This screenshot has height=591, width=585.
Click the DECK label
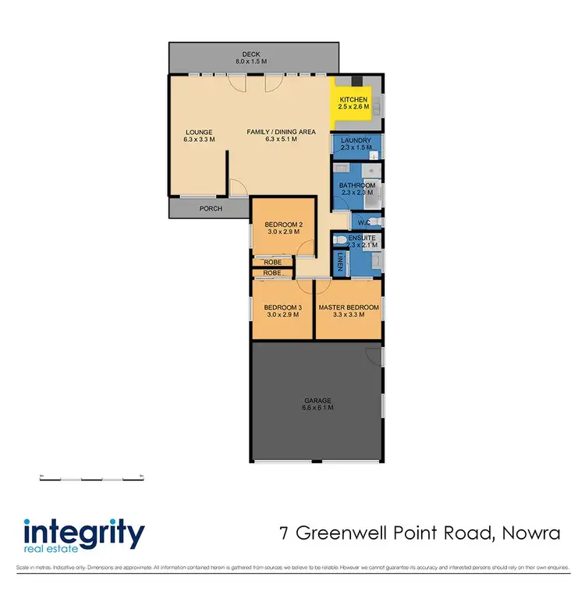[250, 54]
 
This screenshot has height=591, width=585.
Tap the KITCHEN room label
[353, 100]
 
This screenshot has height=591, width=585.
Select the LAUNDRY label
[356, 140]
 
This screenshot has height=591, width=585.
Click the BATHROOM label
[356, 186]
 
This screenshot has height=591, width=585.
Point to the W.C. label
[364, 222]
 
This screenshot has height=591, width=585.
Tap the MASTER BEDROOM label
[349, 307]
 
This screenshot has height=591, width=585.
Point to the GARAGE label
[317, 401]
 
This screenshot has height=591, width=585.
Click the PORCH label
[211, 208]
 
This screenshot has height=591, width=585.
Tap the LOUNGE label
[199, 132]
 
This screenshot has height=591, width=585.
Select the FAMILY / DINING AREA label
[281, 132]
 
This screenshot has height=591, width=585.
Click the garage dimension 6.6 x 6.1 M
[317, 408]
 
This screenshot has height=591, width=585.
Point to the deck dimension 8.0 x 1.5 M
[250, 61]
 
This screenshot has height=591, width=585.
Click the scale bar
[92, 478]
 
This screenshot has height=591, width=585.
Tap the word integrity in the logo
[84, 534]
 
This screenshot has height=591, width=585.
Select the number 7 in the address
[285, 534]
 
